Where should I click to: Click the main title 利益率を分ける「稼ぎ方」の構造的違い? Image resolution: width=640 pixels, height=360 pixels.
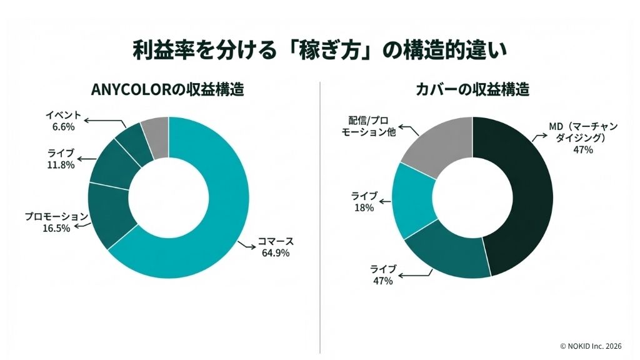[x=319, y=49]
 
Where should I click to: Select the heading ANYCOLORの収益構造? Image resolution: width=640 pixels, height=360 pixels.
[x=167, y=89]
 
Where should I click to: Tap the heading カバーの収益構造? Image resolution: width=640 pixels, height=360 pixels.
[x=472, y=89]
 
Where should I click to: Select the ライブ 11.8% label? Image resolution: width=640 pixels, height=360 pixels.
[x=61, y=159]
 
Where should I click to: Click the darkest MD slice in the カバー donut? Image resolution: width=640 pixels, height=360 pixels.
[x=525, y=194]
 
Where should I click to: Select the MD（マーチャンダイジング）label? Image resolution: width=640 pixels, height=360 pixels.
[x=583, y=132]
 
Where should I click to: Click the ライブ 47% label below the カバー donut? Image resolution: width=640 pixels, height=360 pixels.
[x=382, y=275]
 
